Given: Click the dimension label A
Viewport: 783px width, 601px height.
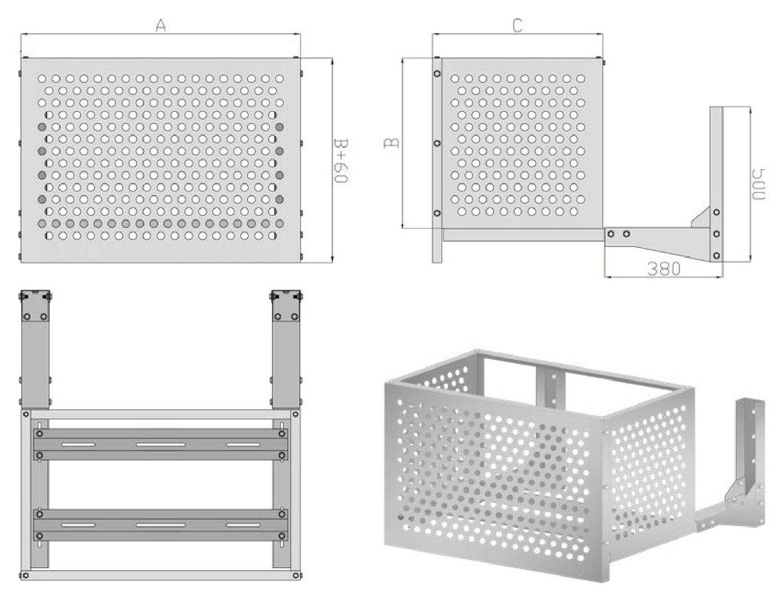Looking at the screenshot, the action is tap(160, 25).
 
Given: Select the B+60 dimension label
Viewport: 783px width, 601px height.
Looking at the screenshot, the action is tap(340, 160).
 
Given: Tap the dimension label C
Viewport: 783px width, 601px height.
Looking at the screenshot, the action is tap(518, 25).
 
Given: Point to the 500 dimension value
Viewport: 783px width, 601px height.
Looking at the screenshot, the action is tap(758, 183).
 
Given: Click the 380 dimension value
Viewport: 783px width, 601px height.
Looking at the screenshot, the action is tap(663, 269).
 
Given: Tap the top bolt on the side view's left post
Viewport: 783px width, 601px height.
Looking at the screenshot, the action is tap(437, 74).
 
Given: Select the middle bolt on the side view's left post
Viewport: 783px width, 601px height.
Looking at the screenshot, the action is tap(437, 144).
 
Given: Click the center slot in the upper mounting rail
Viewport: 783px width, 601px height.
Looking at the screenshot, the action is tap(161, 444).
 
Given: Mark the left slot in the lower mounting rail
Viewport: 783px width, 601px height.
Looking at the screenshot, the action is tap(78, 525).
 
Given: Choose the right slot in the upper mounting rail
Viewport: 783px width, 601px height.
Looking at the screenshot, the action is tap(243, 444).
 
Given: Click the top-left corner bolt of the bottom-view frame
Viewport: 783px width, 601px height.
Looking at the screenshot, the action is tap(25, 413).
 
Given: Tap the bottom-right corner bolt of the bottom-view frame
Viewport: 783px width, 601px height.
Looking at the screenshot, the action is tap(296, 576).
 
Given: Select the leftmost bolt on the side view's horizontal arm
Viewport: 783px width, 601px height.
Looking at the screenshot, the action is tap(610, 234).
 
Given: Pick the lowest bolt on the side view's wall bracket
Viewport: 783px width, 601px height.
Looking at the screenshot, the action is tap(716, 256).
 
